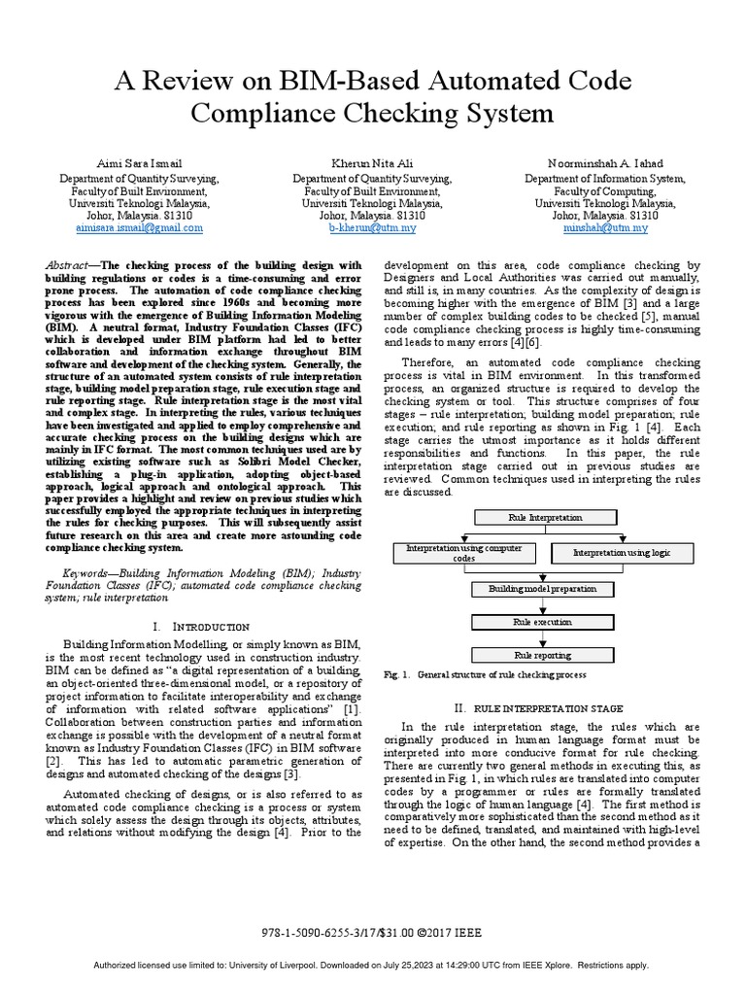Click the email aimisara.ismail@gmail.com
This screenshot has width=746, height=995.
pyautogui.click(x=140, y=227)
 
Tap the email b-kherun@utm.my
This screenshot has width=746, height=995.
pyautogui.click(x=372, y=227)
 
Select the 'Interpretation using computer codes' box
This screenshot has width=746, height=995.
pyautogui.click(x=463, y=554)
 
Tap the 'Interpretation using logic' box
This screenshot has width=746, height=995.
pyautogui.click(x=621, y=553)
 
